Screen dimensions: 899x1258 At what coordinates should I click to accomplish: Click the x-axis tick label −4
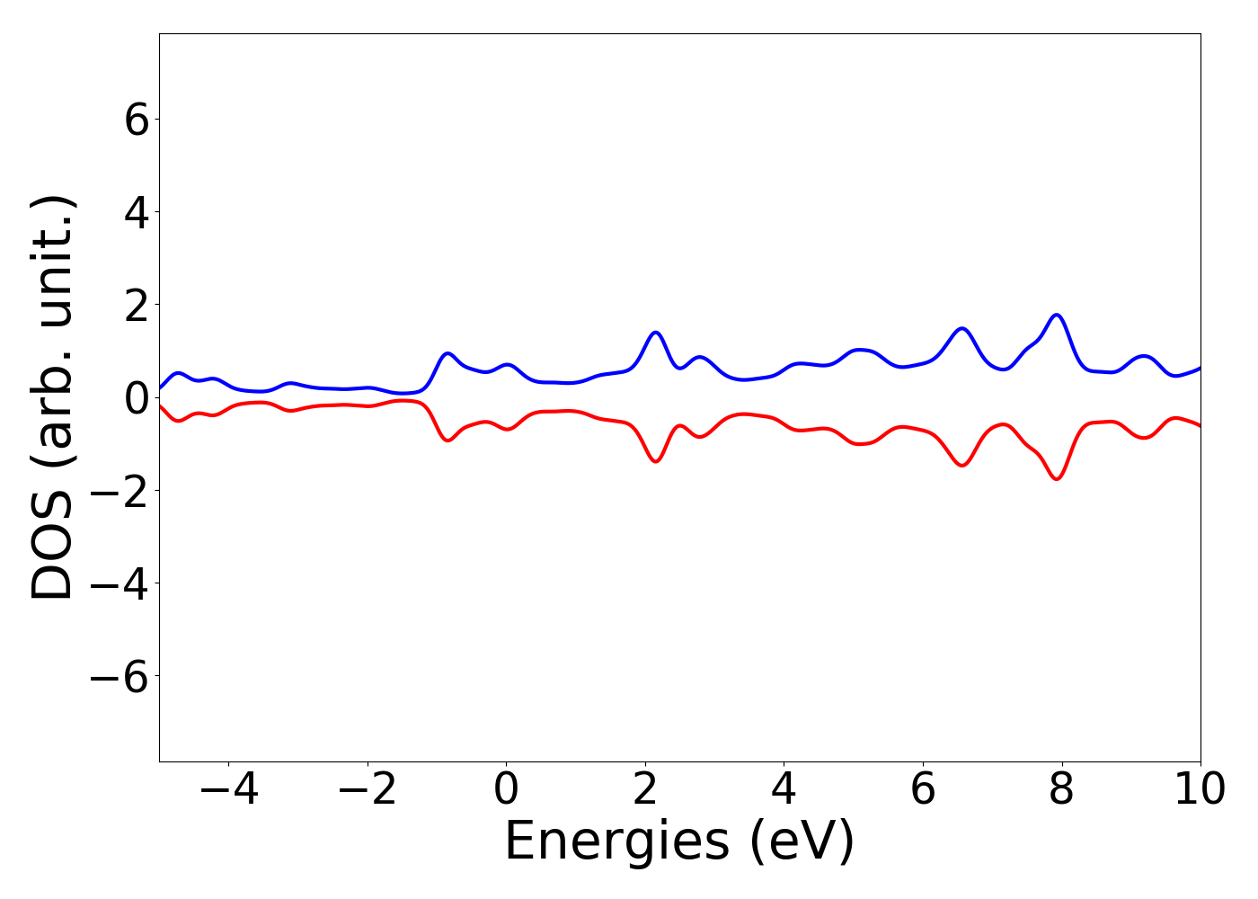click(228, 790)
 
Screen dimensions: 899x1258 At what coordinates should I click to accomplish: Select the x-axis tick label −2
click(368, 790)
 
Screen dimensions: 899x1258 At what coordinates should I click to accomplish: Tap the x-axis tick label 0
click(506, 790)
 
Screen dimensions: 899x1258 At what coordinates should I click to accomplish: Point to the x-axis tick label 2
click(645, 790)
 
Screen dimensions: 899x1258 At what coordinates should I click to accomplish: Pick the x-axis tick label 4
click(784, 790)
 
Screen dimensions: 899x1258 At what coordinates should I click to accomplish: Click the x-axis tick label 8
click(1062, 790)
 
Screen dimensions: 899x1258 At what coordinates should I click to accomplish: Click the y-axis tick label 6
click(137, 120)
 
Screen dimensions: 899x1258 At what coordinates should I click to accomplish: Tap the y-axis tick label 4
click(137, 212)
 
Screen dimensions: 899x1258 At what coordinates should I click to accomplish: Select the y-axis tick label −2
click(124, 491)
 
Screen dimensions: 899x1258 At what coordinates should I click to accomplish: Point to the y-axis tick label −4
click(124, 583)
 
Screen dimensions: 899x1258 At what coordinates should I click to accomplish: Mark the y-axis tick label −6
click(124, 676)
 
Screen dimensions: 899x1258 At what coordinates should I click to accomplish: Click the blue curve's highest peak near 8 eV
click(1057, 315)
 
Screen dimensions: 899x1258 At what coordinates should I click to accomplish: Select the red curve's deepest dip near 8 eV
click(1057, 478)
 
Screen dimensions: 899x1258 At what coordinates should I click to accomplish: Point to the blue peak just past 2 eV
click(656, 333)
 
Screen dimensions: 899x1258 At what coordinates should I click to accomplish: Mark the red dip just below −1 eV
click(447, 440)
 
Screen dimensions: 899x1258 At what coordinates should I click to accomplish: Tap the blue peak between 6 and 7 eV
click(962, 328)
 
